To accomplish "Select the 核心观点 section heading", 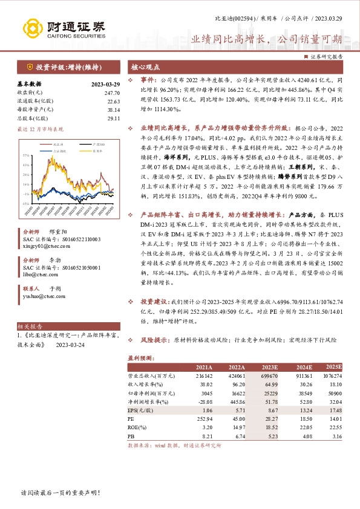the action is (x=146, y=66).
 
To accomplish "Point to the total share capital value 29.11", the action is (x=113, y=118).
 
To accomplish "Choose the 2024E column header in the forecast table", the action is (x=301, y=367).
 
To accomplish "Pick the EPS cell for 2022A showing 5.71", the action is (x=235, y=409).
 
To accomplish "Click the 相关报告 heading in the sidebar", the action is (x=27, y=325).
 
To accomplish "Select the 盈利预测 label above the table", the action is (x=140, y=356).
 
